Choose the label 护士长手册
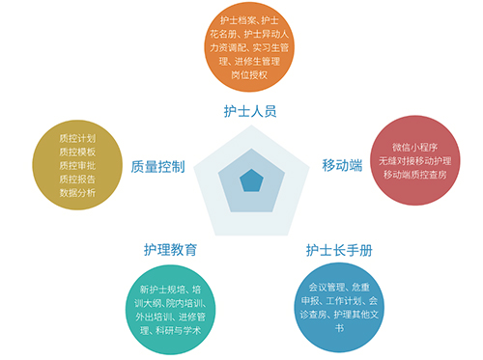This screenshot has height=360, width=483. [x=338, y=250]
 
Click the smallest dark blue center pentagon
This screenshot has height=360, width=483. [x=251, y=180]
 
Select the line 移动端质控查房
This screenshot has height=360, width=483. [x=414, y=175]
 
